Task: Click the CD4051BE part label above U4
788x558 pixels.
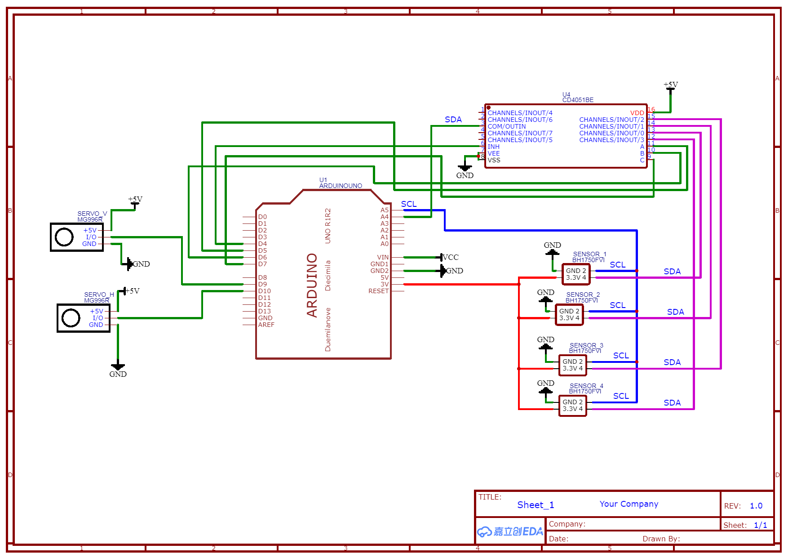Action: pos(578,100)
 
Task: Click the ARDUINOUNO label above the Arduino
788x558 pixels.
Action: pos(341,186)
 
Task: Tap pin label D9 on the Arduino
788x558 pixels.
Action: pos(262,284)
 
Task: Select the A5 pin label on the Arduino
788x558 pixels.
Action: pos(385,210)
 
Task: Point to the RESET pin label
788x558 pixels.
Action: pos(378,291)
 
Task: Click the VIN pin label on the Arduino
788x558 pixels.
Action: pos(383,257)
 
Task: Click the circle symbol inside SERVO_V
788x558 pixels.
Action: pos(64,237)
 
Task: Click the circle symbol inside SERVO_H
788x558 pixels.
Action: pos(71,318)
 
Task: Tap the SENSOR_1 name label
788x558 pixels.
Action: pos(589,254)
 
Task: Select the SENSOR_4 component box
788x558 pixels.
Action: pos(572,406)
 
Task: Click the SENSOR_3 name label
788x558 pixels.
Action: pos(586,345)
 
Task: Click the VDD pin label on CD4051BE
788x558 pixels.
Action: pos(637,113)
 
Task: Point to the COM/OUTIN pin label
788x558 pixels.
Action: pos(507,126)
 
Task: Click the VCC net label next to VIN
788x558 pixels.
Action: pos(451,257)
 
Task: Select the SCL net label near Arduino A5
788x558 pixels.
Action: pos(409,204)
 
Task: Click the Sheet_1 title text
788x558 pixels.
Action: pos(536,505)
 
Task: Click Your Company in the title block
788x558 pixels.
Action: pos(629,504)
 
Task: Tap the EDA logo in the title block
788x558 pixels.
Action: pos(510,531)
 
